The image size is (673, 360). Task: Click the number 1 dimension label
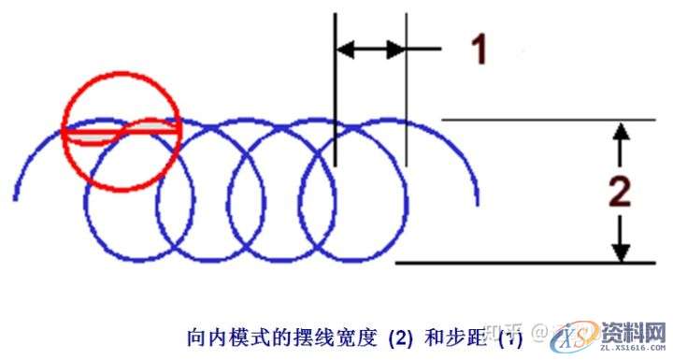479,48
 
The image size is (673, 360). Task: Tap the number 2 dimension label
619,192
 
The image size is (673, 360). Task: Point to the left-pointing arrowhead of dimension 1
343,49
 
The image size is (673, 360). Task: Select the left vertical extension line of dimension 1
335,94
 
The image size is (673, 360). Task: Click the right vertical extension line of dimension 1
407,94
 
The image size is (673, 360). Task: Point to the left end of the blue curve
17,198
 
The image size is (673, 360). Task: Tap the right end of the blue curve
479,203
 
